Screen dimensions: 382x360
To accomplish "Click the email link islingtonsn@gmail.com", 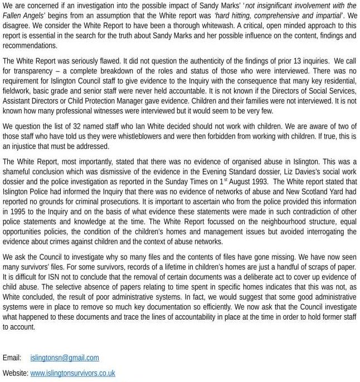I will coord(65,357).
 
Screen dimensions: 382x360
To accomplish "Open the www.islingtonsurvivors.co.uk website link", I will coord(72,373).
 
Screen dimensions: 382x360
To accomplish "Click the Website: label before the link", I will coord(15,373).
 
